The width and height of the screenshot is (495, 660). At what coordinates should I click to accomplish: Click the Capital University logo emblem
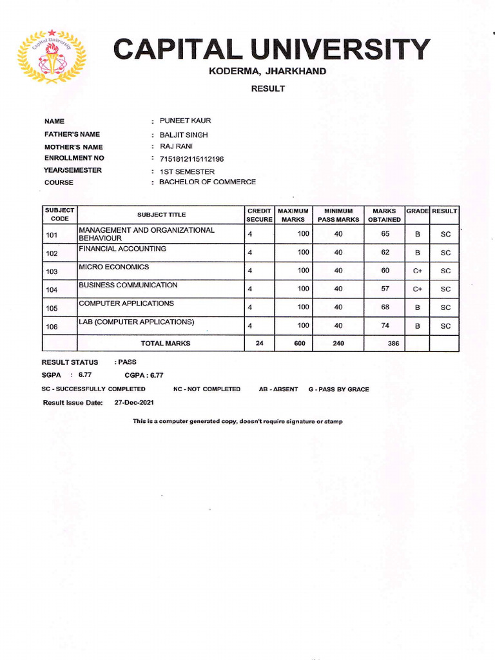tap(51, 57)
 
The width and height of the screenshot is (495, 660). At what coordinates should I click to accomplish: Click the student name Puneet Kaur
tap(185, 121)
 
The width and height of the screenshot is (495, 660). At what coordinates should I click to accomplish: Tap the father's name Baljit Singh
tap(184, 135)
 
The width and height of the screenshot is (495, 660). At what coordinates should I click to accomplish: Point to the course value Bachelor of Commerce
tap(208, 182)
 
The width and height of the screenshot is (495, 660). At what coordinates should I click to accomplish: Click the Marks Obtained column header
tap(384, 215)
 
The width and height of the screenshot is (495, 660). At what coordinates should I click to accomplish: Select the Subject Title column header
tap(161, 215)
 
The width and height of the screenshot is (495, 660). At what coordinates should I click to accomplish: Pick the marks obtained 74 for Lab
tap(385, 325)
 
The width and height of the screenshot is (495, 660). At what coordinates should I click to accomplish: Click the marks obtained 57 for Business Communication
tap(385, 289)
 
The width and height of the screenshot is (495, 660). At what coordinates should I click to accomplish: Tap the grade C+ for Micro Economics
tap(418, 271)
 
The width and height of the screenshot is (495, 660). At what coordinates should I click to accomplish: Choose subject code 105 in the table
tap(52, 309)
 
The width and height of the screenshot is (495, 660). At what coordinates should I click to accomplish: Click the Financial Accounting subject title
tap(122, 249)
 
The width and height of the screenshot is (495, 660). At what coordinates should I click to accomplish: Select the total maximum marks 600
tap(300, 344)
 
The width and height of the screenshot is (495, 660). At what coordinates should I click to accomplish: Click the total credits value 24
tap(260, 344)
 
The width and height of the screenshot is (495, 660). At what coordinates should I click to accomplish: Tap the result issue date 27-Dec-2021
tap(135, 402)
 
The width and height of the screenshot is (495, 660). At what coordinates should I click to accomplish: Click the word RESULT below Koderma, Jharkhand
tap(267, 88)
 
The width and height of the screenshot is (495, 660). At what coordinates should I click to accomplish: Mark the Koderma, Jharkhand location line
tap(267, 71)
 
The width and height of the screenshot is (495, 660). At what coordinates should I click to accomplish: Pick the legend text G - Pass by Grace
tap(338, 389)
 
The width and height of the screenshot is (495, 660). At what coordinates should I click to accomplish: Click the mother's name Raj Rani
tap(175, 146)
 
